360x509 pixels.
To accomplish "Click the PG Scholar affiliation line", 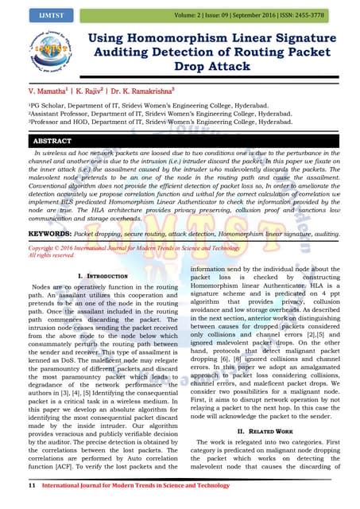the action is (152, 105).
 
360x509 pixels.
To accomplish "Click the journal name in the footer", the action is (141, 484).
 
